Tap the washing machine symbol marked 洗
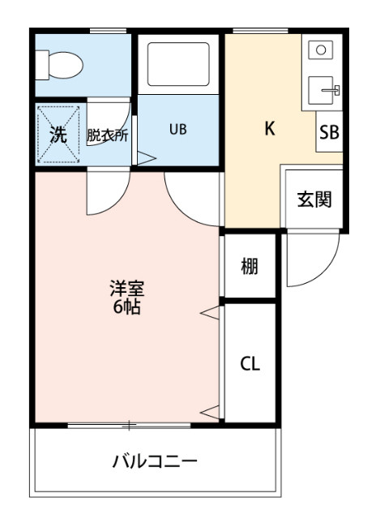(59, 134)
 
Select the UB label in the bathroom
(178, 129)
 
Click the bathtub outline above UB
(177, 64)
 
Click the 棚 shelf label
(250, 266)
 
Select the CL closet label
(250, 364)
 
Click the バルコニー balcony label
(154, 462)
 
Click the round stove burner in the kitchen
(322, 49)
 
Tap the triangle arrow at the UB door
(147, 157)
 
